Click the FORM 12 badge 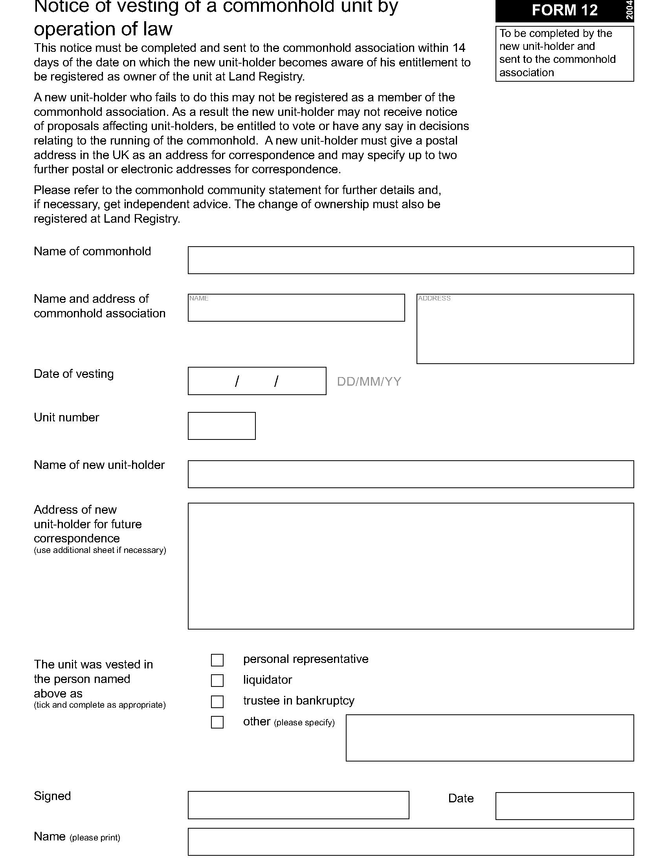tap(564, 10)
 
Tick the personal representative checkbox tap(217, 660)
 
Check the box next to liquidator tap(217, 681)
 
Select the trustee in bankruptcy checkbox tap(217, 701)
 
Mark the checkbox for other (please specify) tap(217, 722)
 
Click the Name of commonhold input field tap(411, 260)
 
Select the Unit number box tap(222, 426)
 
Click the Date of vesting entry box tap(257, 381)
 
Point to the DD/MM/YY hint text tap(369, 381)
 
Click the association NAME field tap(296, 308)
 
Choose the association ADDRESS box tap(525, 329)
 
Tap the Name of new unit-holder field tap(411, 474)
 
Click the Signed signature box tap(298, 805)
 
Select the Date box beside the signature tap(564, 806)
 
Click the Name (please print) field tap(411, 842)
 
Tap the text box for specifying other tap(490, 738)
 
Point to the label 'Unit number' tap(66, 417)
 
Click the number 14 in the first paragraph tap(459, 48)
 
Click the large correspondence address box tap(411, 566)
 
